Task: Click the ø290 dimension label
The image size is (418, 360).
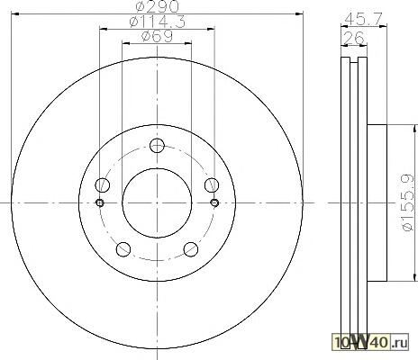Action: point(157,6)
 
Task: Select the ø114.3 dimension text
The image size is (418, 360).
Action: point(157,22)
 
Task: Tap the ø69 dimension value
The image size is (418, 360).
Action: point(157,36)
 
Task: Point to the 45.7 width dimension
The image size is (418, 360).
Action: point(364,19)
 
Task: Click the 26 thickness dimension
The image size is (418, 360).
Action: point(353,38)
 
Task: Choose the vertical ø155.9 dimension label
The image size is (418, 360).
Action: point(408,203)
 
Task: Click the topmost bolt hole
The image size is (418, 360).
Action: point(157,146)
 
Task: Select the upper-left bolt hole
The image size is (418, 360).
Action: point(102,184)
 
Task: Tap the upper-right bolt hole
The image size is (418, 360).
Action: point(212,184)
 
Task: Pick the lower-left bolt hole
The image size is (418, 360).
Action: point(123,249)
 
